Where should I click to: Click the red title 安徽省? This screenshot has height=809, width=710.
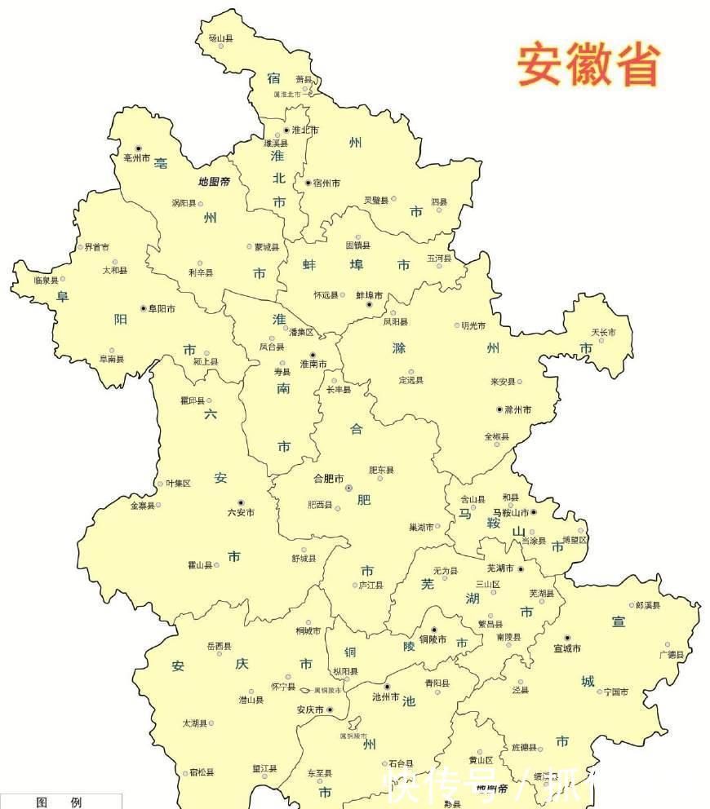pyautogui.click(x=588, y=64)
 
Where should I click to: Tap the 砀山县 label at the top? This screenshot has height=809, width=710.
pyautogui.click(x=220, y=38)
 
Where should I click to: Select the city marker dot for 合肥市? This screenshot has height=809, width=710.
pyautogui.click(x=349, y=488)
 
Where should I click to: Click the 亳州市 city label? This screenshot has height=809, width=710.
pyautogui.click(x=135, y=157)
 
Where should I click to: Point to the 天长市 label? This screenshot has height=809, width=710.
pyautogui.click(x=604, y=332)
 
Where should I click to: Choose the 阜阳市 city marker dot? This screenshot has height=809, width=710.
pyautogui.click(x=144, y=308)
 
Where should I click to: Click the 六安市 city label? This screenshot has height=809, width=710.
pyautogui.click(x=241, y=512)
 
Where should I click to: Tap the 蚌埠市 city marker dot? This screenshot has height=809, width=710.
pyautogui.click(x=369, y=304)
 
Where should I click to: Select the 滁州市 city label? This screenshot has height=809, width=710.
pyautogui.click(x=517, y=409)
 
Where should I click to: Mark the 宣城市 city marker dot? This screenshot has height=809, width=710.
pyautogui.click(x=567, y=638)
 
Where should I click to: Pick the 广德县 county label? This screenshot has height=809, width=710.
pyautogui.click(x=672, y=654)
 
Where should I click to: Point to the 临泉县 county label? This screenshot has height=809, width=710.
pyautogui.click(x=46, y=280)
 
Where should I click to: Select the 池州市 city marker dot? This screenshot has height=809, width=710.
pyautogui.click(x=388, y=687)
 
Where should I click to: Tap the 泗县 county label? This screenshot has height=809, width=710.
pyautogui.click(x=439, y=201)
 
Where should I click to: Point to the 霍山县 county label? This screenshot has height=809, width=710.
pyautogui.click(x=201, y=564)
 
